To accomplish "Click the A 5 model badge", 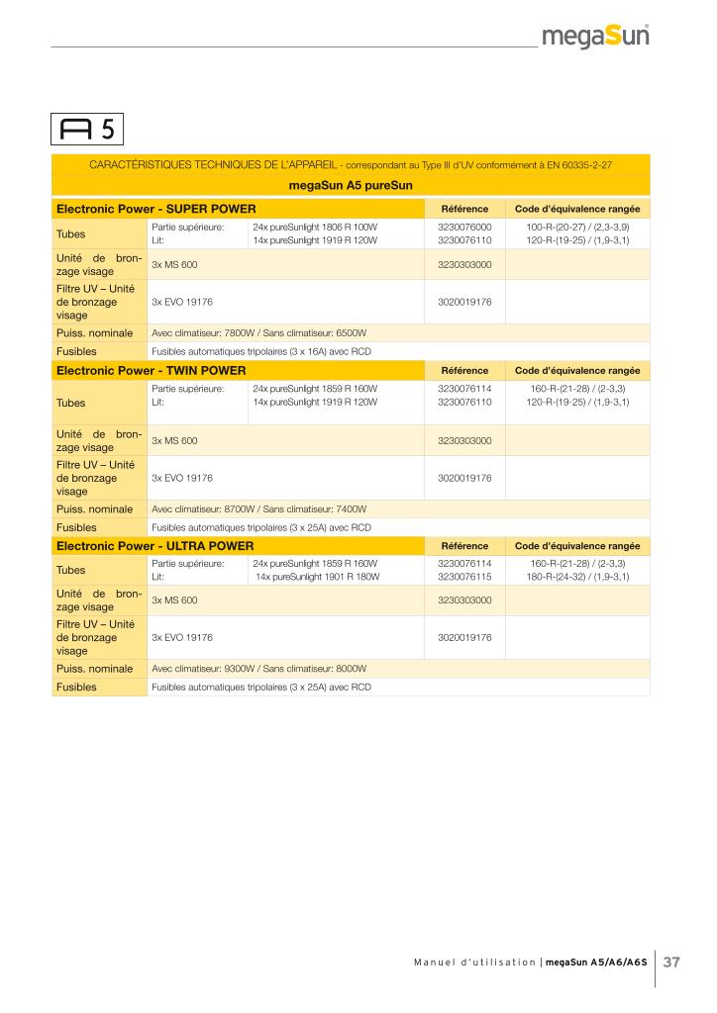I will [88, 129].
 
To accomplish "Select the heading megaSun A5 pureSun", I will [351, 185].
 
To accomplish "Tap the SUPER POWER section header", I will [156, 209].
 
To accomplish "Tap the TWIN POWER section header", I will [152, 371].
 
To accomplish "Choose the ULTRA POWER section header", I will [155, 546].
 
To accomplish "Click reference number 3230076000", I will [464, 227].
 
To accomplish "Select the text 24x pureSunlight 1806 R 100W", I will [315, 227].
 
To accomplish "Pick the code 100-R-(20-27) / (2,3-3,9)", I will [577, 227].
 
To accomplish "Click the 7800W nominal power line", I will [258, 333].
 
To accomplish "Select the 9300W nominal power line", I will [258, 669].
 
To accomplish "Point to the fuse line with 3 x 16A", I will [261, 351].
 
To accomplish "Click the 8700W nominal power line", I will [258, 508].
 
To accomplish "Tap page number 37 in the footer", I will [671, 962].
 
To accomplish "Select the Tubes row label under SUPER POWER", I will [71, 234].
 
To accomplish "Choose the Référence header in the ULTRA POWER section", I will [464, 546].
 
